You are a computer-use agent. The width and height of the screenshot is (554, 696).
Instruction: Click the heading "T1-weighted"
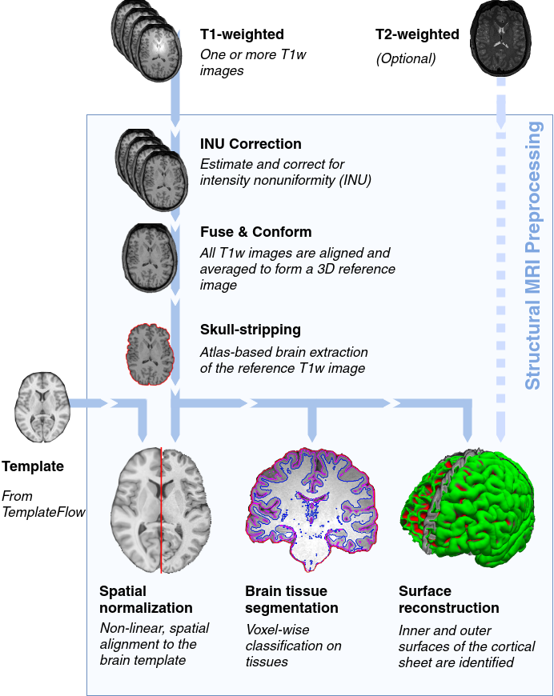pos(242,34)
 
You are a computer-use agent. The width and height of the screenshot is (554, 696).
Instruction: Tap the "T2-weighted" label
pos(417,34)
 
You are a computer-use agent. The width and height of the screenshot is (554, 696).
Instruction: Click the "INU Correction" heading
pos(251,145)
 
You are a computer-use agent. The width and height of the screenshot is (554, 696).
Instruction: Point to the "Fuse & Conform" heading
pos(255,232)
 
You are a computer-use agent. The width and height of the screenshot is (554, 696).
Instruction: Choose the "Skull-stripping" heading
pos(250,330)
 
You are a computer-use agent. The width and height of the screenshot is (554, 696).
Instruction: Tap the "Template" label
pos(33,466)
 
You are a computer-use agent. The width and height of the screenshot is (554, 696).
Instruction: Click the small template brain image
pos(43,407)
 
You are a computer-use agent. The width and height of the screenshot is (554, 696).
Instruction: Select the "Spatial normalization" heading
pos(146,600)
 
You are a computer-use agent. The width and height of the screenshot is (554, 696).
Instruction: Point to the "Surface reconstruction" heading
pos(448,600)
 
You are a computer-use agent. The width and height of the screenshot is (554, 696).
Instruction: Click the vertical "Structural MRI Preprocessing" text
pos(534,254)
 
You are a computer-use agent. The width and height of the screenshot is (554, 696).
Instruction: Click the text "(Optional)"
pos(406,58)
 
